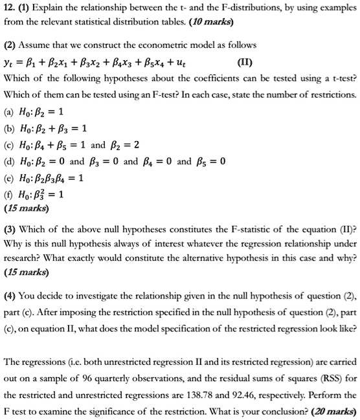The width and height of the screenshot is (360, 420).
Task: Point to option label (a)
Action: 8,111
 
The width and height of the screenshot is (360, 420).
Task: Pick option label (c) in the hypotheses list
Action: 8,144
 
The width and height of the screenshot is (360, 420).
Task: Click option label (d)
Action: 8,160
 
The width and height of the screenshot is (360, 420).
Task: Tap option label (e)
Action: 8,177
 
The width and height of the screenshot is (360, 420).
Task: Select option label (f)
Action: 8,193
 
